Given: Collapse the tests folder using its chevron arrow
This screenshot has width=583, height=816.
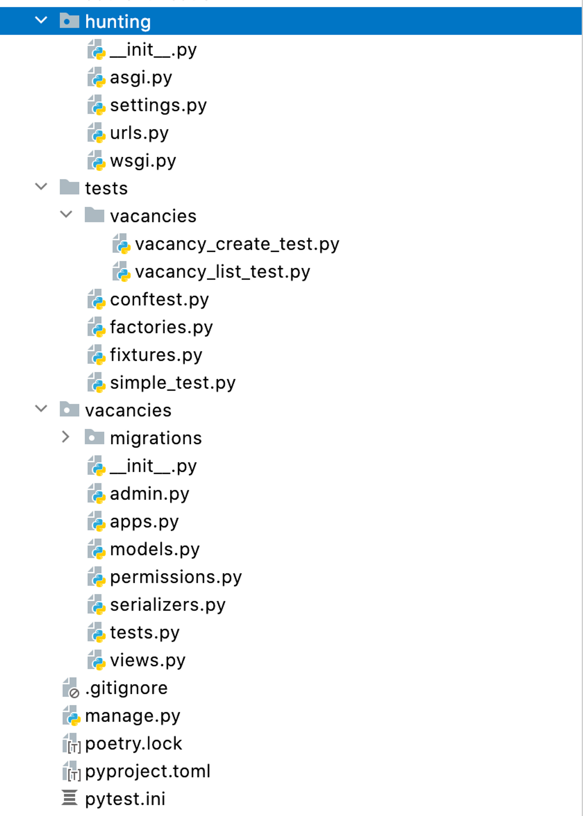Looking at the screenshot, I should tap(41, 187).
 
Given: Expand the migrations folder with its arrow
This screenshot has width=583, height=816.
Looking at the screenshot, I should tap(66, 437).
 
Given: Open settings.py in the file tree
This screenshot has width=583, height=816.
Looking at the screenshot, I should tap(158, 105).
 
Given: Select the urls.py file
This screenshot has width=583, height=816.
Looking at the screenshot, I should tap(139, 133).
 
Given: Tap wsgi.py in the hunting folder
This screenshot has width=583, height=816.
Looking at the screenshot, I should tap(143, 161).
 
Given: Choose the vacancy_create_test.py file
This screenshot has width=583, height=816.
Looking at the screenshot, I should tap(237, 245).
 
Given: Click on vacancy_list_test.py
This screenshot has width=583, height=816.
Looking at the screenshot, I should tap(222, 272).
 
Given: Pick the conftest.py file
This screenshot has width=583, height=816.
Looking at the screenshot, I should tap(159, 300).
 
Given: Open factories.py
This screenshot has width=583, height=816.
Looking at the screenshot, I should tap(161, 327).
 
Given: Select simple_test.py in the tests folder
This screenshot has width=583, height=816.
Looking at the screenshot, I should tap(173, 383).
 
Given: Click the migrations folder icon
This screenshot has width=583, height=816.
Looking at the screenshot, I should tap(94, 437).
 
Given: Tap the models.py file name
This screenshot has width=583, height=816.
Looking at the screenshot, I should tap(155, 549).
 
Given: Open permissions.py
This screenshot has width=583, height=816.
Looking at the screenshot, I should tap(176, 577).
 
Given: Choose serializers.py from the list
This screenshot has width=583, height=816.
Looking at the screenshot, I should tap(168, 605).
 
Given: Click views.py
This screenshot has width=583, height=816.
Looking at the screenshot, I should tap(147, 660).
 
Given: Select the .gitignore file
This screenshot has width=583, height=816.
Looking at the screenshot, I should tap(126, 688).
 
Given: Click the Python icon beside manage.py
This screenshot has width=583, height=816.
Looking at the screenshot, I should tap(71, 715).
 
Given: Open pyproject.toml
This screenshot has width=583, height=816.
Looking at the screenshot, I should tap(147, 771).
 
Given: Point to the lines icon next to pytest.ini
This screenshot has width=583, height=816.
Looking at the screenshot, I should tap(69, 798).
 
